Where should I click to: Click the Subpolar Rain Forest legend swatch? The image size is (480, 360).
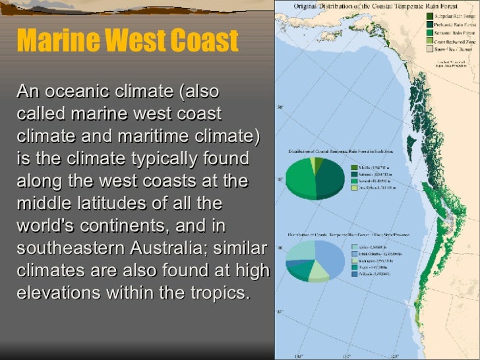tap(429, 15)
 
